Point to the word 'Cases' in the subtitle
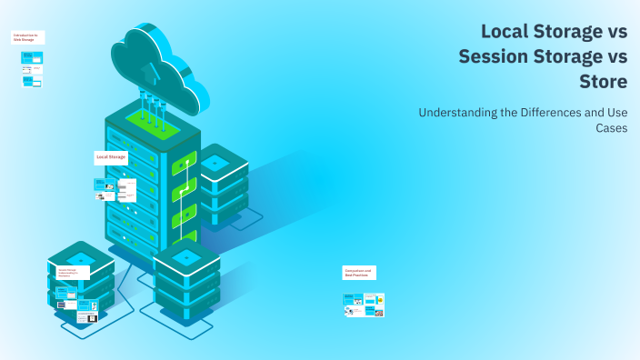611,128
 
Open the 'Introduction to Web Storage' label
28,37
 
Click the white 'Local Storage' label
111,157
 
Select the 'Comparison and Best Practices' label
358,272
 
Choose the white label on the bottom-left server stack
74,271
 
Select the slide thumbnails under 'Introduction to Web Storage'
32,69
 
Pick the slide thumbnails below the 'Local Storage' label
115,189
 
